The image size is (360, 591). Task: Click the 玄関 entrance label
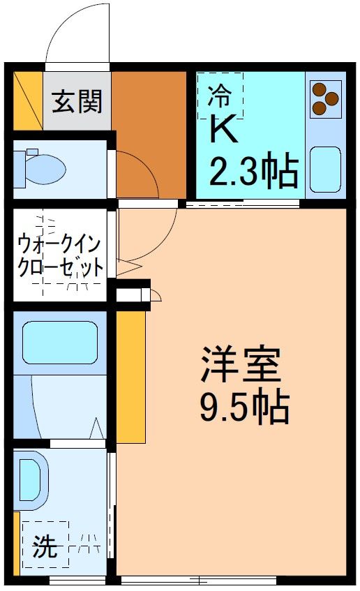(77, 102)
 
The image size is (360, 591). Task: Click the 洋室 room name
(241, 365)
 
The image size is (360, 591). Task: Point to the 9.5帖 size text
(244, 408)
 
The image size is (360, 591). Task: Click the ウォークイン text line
(60, 245)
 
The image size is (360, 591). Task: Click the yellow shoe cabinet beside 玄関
(27, 101)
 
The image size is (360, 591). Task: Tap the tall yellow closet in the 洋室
(130, 376)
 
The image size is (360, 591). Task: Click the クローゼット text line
(61, 267)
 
